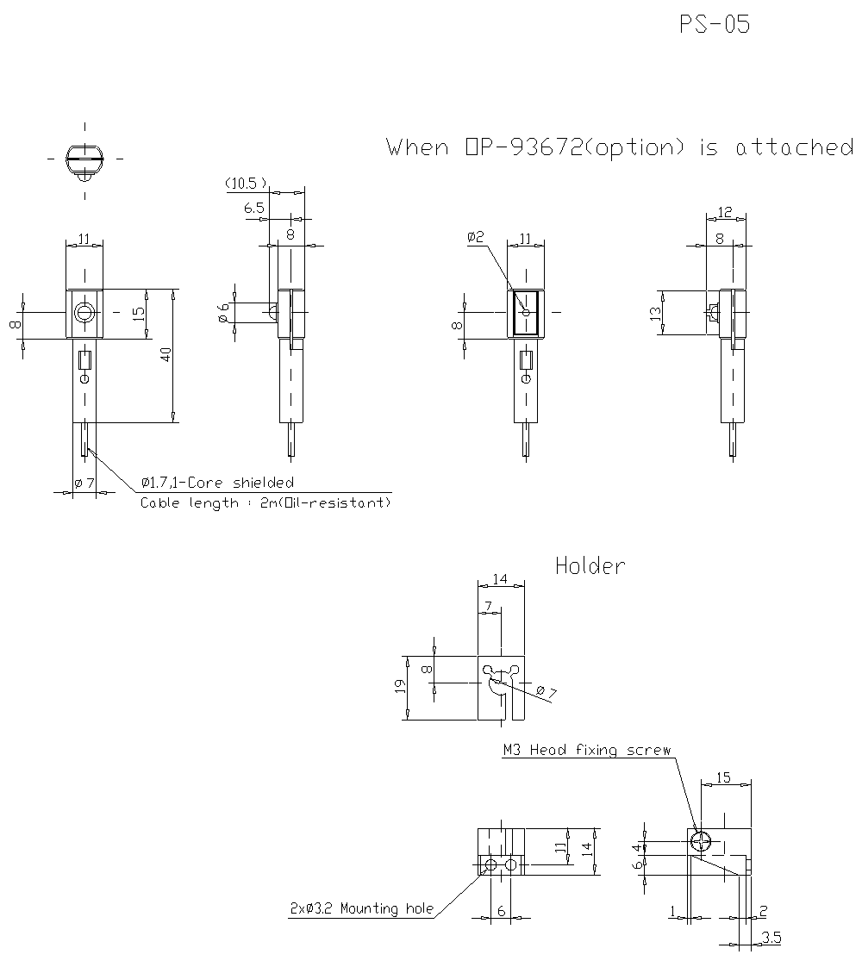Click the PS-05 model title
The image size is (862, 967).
pos(715,25)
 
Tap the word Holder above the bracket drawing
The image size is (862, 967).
pos(590,566)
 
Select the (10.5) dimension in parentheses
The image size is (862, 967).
pos(246,184)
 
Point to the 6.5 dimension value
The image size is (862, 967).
pos(254,208)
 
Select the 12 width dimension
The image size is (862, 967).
pos(724,212)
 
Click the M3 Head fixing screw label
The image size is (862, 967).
pos(586,751)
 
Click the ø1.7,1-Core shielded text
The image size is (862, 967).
pos(217,483)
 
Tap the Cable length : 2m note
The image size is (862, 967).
pos(265,502)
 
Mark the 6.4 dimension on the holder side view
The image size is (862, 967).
pos(639,857)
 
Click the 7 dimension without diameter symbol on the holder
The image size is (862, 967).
pos(489,608)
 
